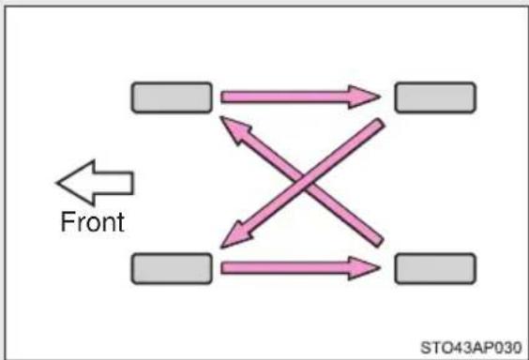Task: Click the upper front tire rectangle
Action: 172,97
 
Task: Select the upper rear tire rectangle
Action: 435,97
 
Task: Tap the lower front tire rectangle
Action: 172,269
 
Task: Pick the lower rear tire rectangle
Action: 435,269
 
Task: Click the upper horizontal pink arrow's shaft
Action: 285,97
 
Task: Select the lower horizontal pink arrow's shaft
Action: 285,268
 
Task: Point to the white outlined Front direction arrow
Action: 95,183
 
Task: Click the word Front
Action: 93,222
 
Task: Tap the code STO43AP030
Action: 471,348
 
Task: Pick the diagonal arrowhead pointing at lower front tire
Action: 236,235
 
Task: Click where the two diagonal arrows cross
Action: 305,183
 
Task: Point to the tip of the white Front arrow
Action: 57,183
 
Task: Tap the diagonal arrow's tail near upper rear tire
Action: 380,123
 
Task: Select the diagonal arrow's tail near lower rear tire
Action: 379,241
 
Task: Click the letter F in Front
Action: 67,221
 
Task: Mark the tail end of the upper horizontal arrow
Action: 222,97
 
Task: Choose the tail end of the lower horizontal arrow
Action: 222,268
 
